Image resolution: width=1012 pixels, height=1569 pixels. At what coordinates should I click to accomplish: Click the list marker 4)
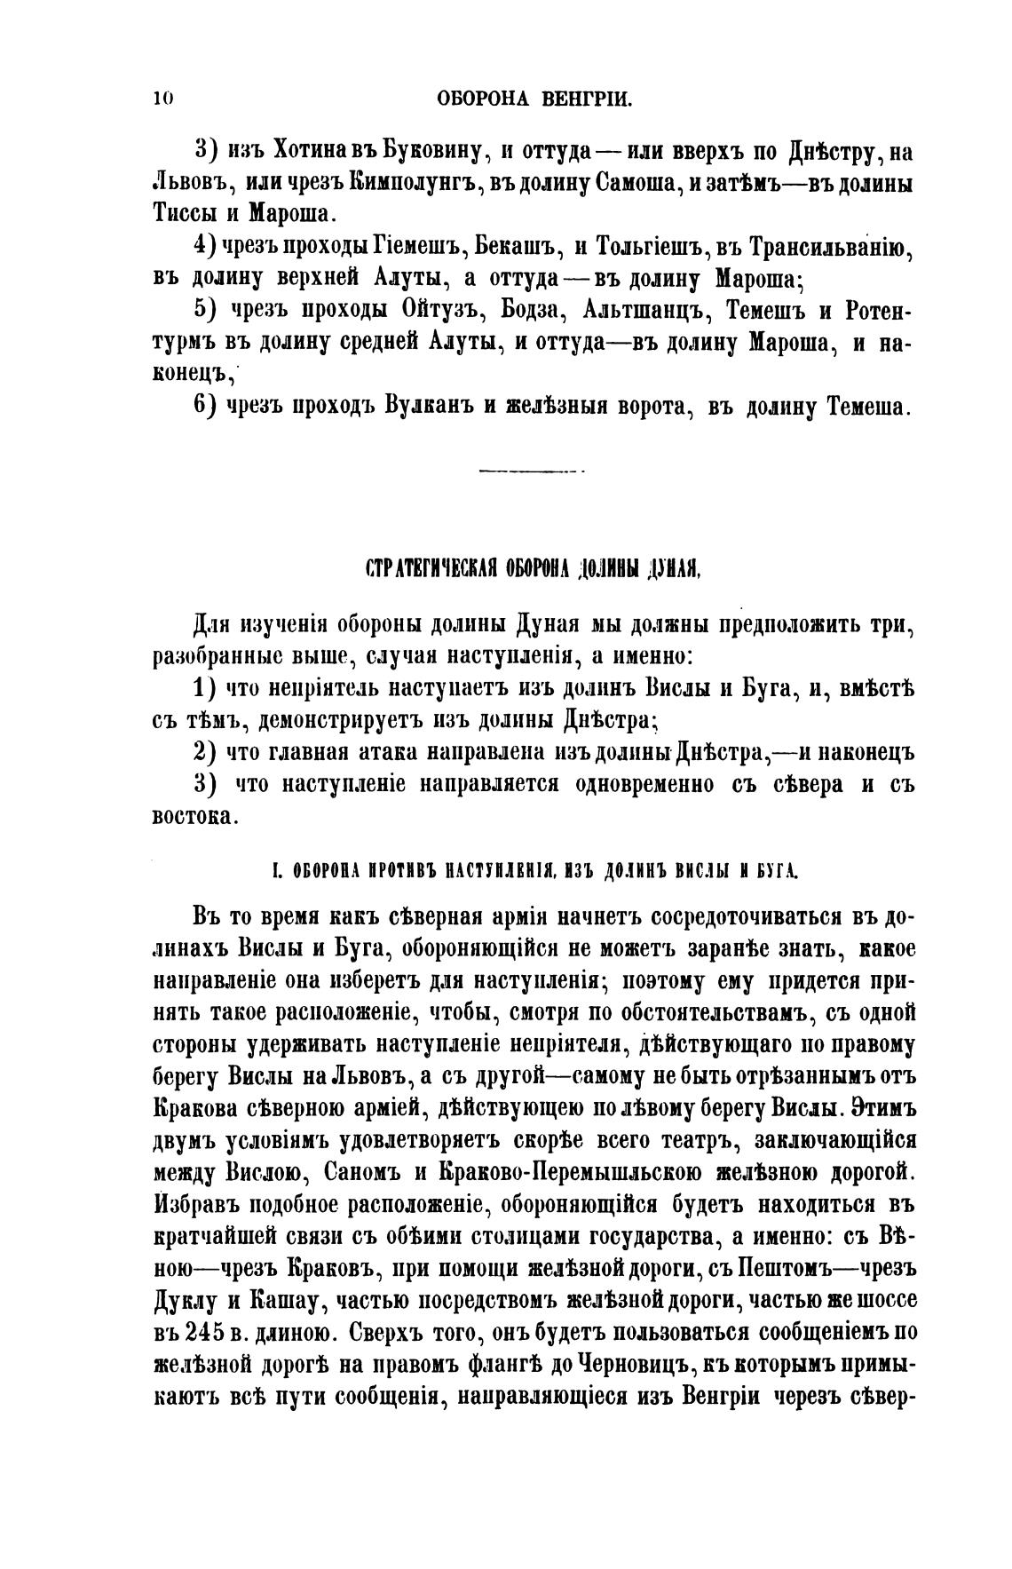coord(205,247)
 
